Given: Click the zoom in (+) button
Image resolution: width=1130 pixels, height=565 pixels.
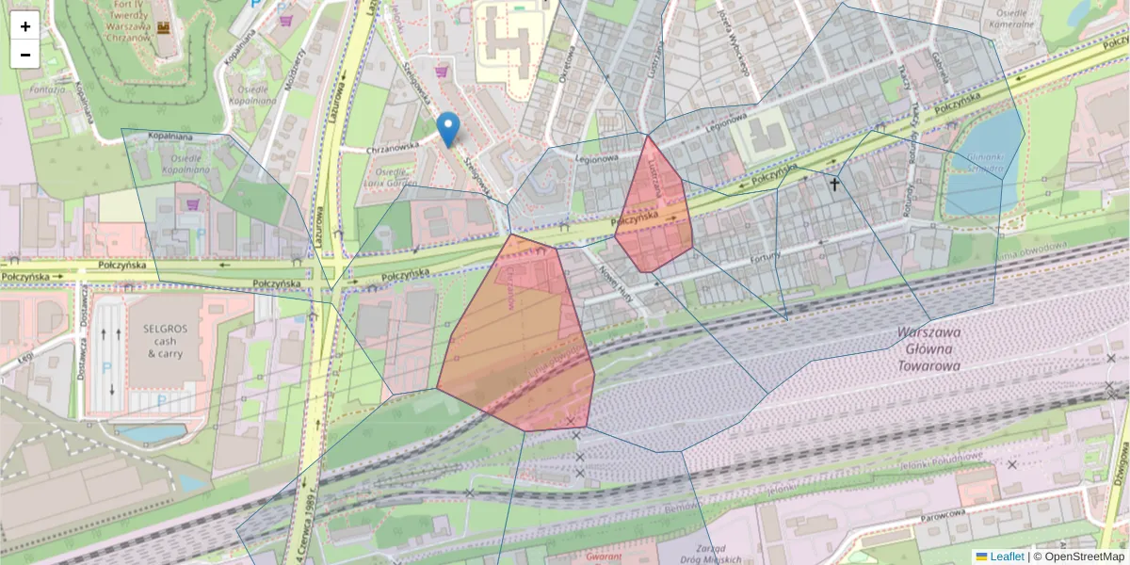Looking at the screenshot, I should [25, 25].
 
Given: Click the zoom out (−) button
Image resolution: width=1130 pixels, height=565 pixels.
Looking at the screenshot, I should [25, 55].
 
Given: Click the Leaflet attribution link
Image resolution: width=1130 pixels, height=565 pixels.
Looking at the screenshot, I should [1007, 557].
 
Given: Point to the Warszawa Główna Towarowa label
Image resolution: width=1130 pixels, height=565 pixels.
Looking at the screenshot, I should [928, 349].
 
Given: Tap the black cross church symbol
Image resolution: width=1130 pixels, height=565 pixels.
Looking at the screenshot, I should [833, 186].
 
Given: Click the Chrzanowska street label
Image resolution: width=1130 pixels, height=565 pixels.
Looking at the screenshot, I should [393, 147].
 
